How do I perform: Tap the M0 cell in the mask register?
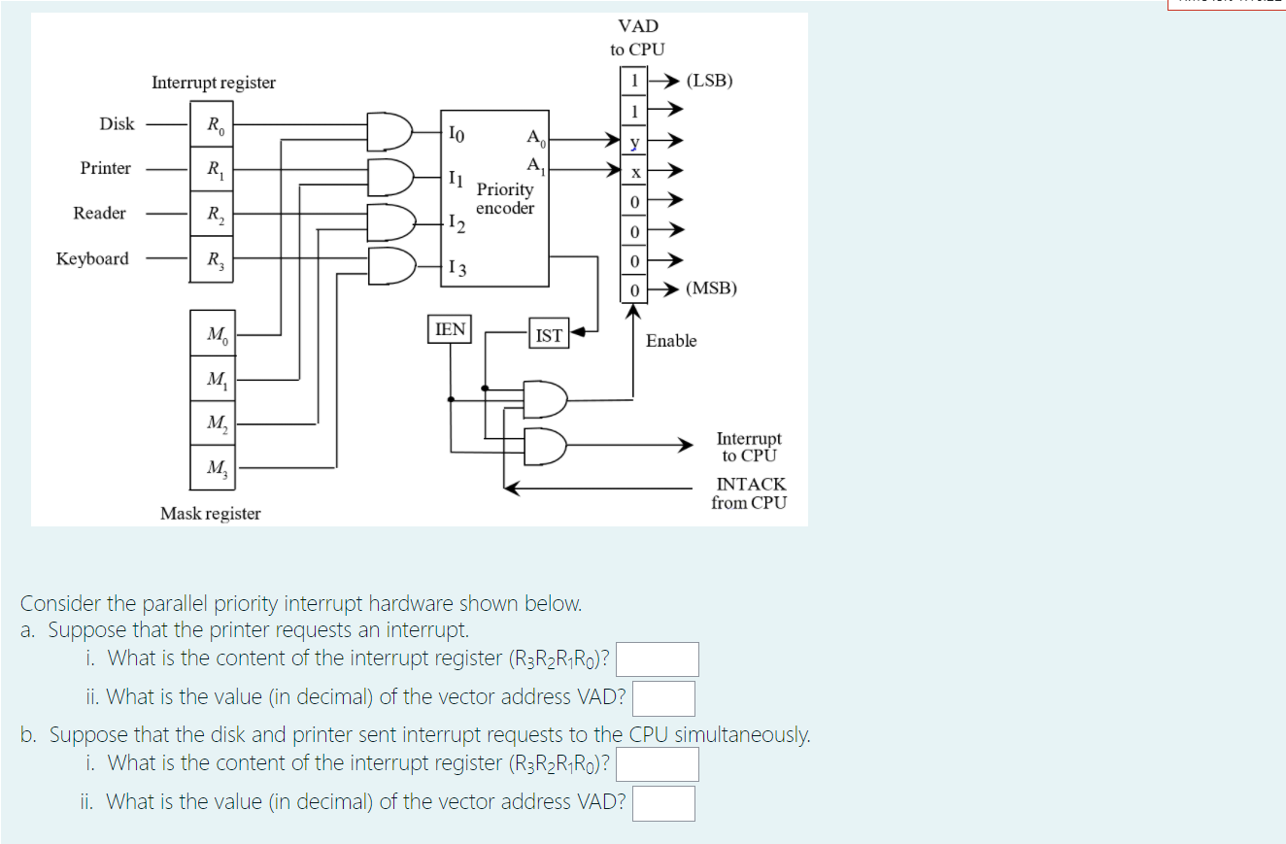point(214,335)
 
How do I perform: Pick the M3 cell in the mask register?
point(214,468)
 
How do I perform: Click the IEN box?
point(449,329)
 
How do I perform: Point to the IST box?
point(549,335)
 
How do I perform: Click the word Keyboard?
point(92,258)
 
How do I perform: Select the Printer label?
point(105,168)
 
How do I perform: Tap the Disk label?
point(117,123)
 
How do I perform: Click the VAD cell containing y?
point(633,143)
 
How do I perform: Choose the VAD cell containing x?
point(633,172)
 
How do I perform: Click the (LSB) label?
point(709,81)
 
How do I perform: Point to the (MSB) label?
point(711,288)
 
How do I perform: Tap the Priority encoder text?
point(505,199)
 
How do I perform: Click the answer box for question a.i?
point(658,659)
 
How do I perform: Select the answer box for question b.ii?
point(663,803)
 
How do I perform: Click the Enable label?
point(671,341)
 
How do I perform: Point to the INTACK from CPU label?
point(749,493)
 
